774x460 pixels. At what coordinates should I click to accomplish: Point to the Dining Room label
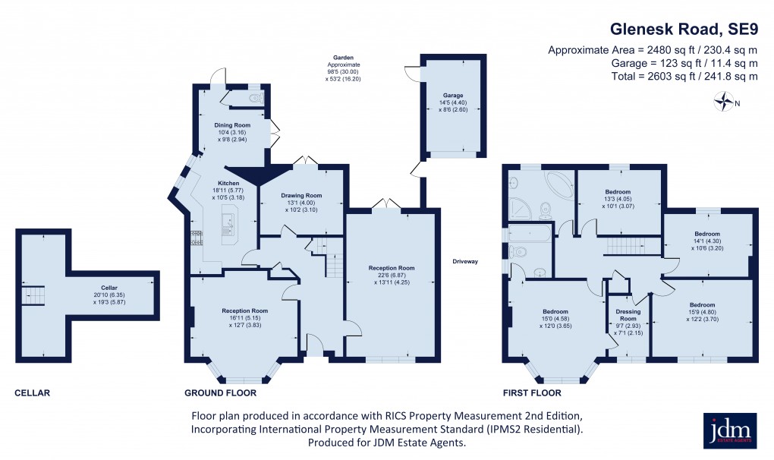point(233,124)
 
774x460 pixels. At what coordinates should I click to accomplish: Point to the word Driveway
point(465,262)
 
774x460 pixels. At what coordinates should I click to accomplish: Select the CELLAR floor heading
point(32,393)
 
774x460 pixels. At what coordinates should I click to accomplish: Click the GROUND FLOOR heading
point(221,393)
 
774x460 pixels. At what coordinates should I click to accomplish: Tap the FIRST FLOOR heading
point(531,393)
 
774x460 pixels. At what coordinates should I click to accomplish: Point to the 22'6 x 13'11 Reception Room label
point(392,275)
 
